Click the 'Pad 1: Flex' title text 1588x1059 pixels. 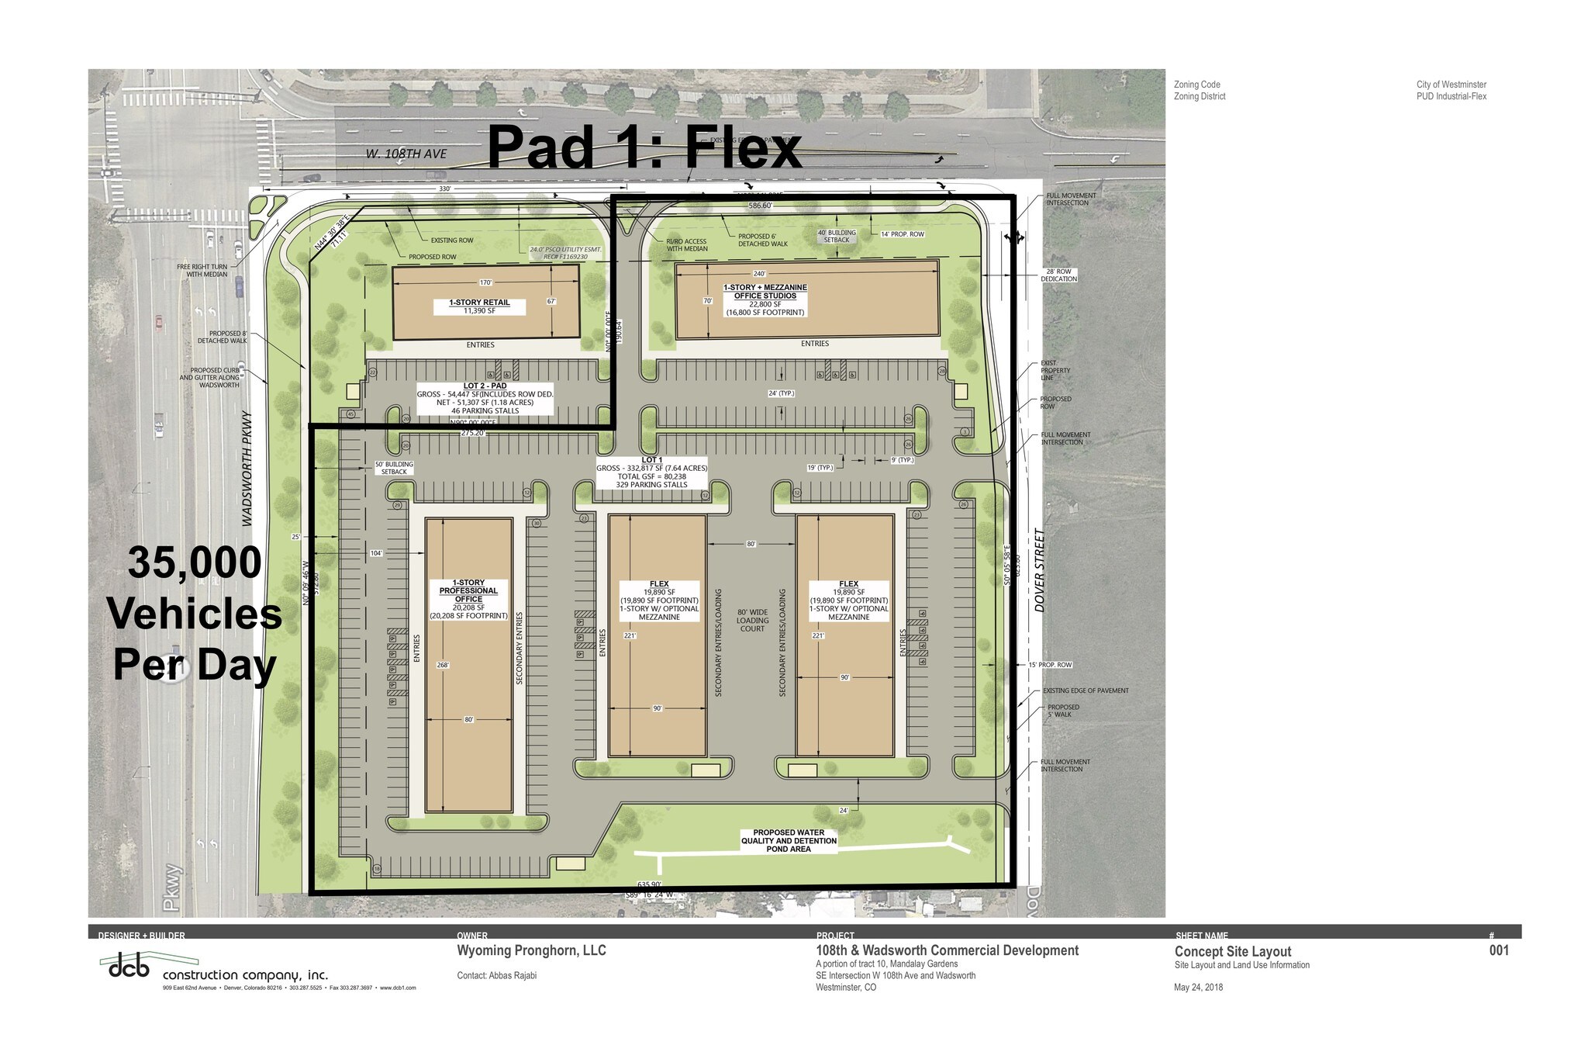click(644, 147)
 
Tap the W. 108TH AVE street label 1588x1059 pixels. click(406, 154)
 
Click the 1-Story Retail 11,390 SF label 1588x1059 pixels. click(479, 306)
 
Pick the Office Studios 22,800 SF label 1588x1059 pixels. click(765, 299)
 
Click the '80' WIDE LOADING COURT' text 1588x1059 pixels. click(752, 620)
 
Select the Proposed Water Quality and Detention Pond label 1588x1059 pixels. click(789, 841)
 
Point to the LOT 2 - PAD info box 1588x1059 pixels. click(485, 399)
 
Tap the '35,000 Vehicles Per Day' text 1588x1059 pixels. click(195, 614)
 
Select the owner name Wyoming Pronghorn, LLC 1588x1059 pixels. click(531, 950)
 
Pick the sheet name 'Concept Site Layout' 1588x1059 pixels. click(1232, 952)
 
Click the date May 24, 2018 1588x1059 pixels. click(1198, 988)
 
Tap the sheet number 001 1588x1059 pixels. click(1499, 950)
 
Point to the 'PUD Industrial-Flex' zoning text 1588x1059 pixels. click(1451, 97)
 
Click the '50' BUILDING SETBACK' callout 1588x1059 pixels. click(394, 468)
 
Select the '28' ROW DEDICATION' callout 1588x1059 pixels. click(1058, 275)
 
